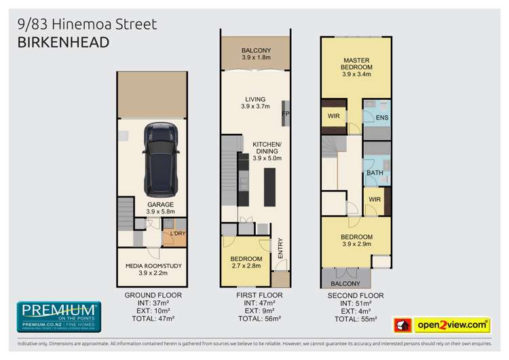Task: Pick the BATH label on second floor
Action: tap(374, 173)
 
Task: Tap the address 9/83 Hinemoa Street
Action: tap(87, 24)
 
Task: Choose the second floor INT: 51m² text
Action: tap(355, 304)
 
